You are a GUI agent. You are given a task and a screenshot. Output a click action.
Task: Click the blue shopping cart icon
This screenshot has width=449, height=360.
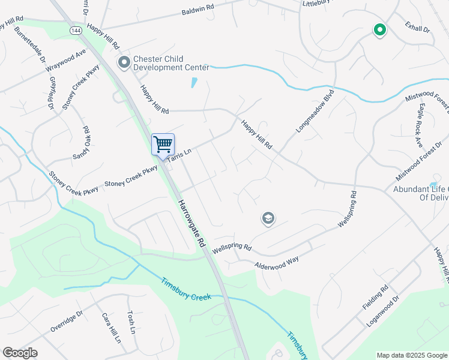point(163,144)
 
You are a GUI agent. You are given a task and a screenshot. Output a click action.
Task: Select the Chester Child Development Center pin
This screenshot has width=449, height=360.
point(124,62)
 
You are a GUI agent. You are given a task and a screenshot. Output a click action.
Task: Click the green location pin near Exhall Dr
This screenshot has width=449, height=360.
point(379,29)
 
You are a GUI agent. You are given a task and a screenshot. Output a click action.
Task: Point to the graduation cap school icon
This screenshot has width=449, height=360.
point(268,218)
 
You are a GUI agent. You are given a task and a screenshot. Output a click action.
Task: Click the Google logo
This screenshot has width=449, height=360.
point(20,353)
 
